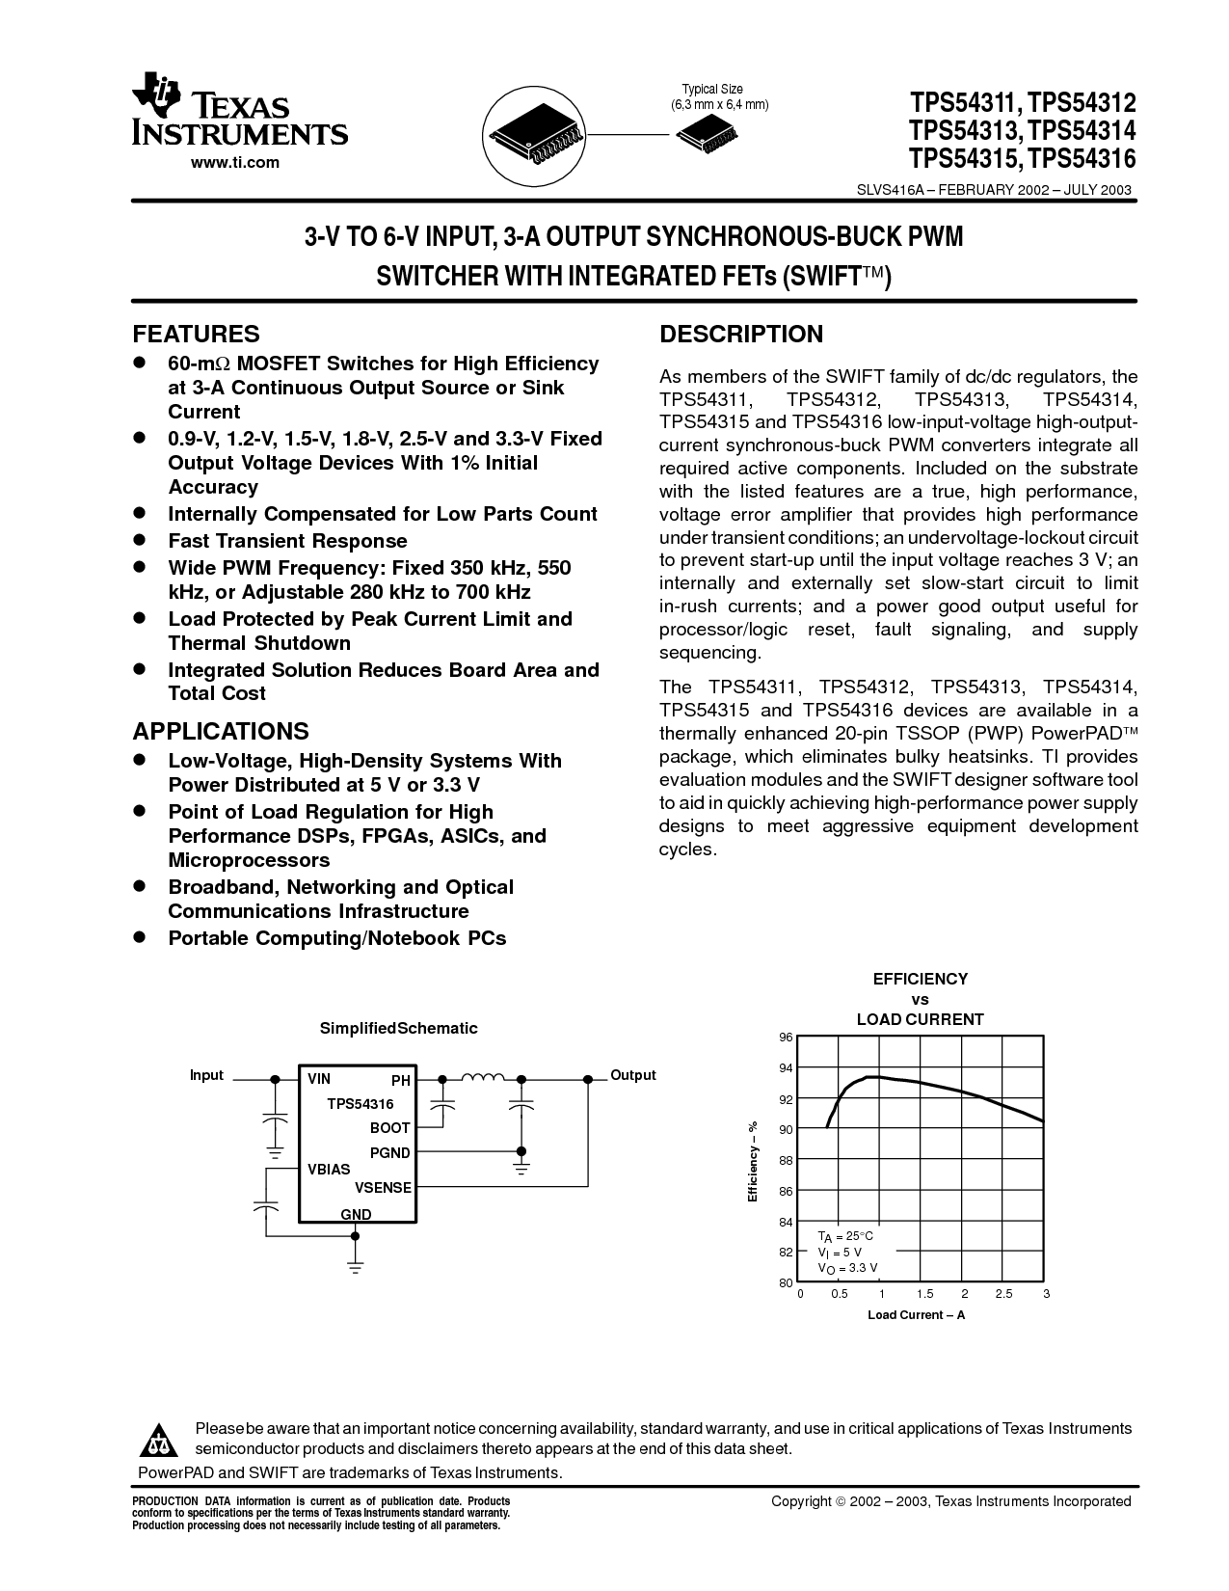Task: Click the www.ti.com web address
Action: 235,162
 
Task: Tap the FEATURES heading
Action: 196,334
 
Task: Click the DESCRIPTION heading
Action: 740,334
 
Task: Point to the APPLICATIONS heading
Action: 221,731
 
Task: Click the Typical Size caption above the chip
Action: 712,90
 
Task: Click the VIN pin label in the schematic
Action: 319,1079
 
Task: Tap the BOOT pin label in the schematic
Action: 389,1127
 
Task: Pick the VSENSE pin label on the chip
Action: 383,1187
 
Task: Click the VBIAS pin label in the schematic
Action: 329,1169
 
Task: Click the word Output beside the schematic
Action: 632,1075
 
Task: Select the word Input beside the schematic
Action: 206,1075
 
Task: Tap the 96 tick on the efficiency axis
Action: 786,1037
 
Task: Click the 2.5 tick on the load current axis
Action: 1003,1294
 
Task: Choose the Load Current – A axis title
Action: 916,1314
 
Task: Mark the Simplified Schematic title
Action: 398,1028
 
